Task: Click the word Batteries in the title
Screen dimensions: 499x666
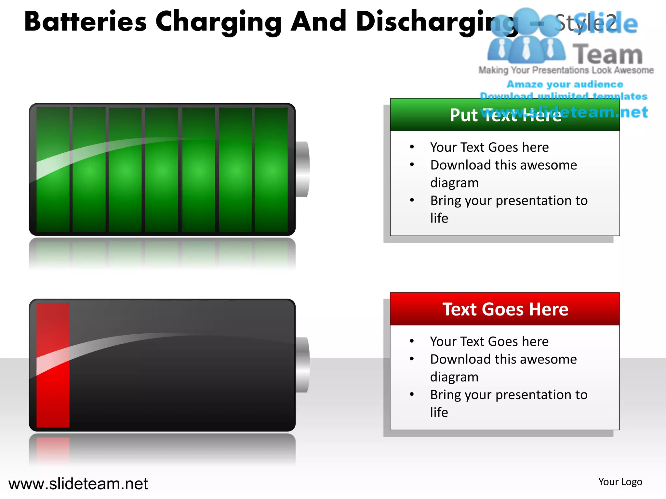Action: (86, 22)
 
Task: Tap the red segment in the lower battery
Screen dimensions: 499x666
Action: (53, 365)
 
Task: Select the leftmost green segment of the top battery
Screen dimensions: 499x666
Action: (53, 169)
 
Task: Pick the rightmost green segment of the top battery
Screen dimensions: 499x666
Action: (271, 169)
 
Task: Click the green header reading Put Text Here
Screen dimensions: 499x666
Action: (505, 115)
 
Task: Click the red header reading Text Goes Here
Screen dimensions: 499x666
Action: (505, 309)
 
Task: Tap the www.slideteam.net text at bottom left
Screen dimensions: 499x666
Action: (78, 484)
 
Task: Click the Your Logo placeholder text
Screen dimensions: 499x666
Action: (620, 482)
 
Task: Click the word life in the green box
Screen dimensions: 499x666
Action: (439, 218)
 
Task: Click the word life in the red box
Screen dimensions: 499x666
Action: (439, 412)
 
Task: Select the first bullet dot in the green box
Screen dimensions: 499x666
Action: (412, 147)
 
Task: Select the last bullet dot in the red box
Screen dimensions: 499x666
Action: (412, 394)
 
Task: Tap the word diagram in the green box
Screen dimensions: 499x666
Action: (454, 183)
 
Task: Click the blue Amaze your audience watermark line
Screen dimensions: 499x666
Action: (565, 84)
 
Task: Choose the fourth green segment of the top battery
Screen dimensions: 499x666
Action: (162, 169)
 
